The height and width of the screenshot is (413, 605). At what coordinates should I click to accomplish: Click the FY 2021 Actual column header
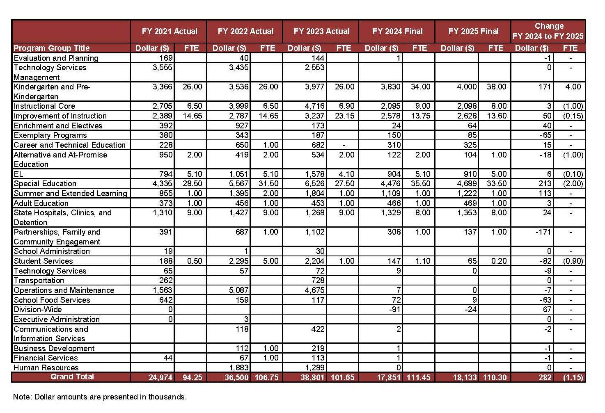tap(169, 31)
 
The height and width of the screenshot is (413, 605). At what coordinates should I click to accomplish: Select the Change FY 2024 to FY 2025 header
tap(548, 31)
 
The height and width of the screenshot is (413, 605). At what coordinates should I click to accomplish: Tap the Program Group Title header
tap(51, 48)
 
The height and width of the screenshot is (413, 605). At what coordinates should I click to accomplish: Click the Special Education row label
tap(45, 183)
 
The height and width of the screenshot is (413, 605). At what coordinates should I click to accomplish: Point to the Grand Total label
tap(72, 376)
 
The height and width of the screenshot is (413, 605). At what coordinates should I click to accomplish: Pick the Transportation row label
tap(39, 280)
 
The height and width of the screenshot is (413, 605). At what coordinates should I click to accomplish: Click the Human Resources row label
tap(46, 367)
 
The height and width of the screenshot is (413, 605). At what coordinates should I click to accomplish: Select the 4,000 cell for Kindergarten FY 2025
tap(467, 87)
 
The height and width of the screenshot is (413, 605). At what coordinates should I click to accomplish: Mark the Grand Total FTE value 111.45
tap(418, 377)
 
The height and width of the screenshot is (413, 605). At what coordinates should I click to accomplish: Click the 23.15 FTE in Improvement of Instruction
tap(344, 116)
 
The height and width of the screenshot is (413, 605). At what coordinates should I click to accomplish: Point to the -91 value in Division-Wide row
tap(394, 309)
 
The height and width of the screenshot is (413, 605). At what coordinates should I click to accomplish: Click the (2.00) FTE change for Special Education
tap(573, 183)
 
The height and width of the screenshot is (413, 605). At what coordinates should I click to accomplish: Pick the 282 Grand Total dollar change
tap(545, 377)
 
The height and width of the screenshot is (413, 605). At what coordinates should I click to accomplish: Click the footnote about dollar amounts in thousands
tap(100, 397)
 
